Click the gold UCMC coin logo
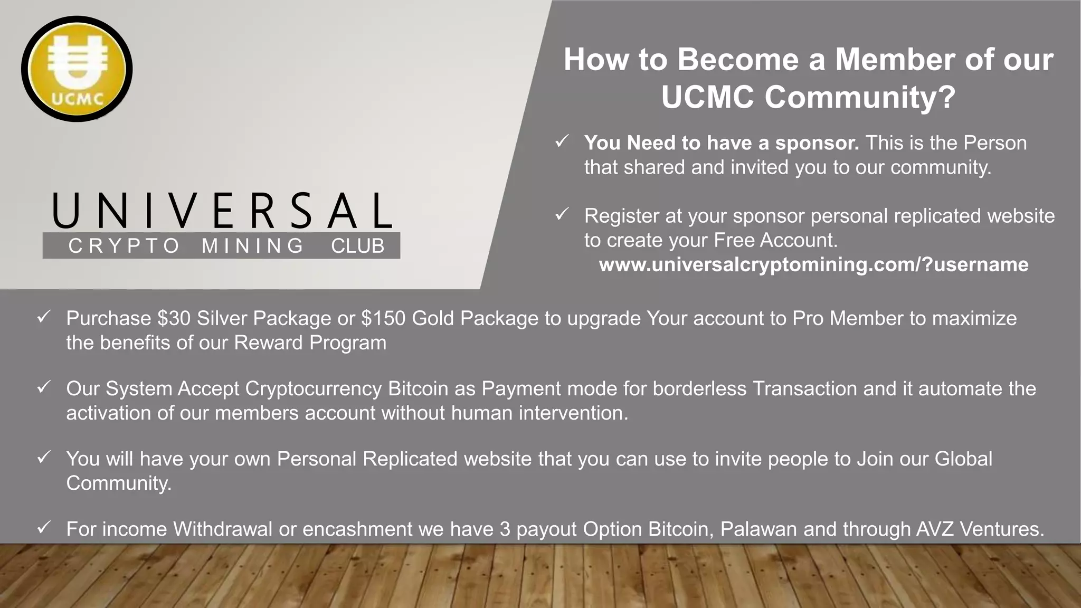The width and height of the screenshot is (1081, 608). (77, 69)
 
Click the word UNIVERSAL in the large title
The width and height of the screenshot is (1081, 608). (222, 211)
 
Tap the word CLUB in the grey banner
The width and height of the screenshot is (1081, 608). (357, 246)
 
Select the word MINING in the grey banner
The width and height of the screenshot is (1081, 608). (252, 246)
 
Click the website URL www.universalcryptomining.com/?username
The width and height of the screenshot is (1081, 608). (813, 264)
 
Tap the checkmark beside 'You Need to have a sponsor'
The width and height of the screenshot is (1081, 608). (562, 141)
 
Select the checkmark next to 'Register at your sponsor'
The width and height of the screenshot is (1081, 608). (562, 214)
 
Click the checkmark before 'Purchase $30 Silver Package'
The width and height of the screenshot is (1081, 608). (43, 317)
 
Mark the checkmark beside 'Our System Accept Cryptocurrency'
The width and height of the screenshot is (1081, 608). (43, 387)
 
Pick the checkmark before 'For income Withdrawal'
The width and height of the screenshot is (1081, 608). (43, 527)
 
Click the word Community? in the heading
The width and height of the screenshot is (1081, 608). (860, 97)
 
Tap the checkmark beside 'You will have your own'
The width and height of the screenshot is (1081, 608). (43, 457)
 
